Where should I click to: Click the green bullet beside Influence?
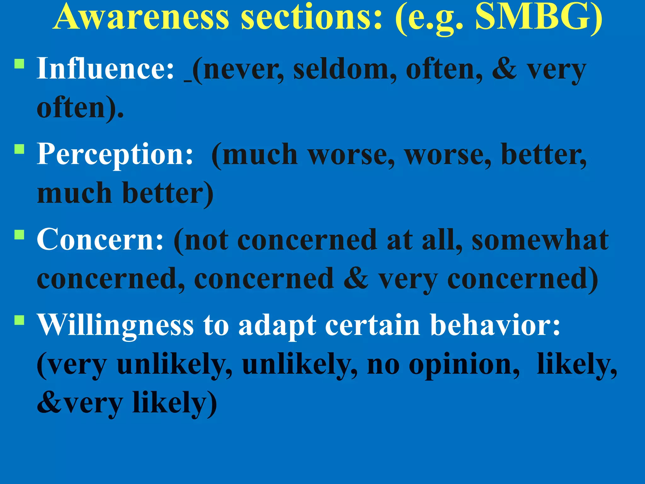pyautogui.click(x=20, y=64)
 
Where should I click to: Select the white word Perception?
pyautogui.click(x=115, y=154)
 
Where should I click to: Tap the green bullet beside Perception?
pyautogui.click(x=20, y=149)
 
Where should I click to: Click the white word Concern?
pyautogui.click(x=100, y=239)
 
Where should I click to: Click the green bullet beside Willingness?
pyautogui.click(x=20, y=320)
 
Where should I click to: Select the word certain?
pyautogui.click(x=373, y=325)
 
